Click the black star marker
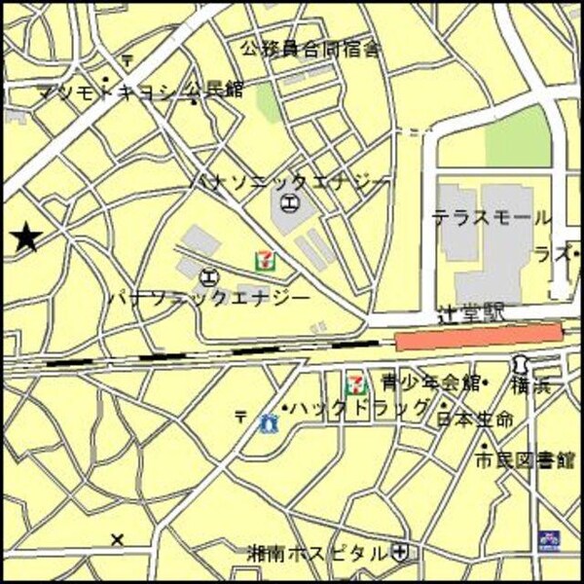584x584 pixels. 26,237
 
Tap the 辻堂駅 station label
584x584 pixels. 472,313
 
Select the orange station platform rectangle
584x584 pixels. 479,337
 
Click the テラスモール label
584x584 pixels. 492,218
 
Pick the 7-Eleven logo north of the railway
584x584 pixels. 265,261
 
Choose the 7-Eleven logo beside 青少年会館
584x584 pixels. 358,383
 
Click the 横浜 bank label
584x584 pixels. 531,385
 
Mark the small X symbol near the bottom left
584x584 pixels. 118,538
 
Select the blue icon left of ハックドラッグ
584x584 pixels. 269,421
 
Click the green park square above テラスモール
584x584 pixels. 518,135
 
